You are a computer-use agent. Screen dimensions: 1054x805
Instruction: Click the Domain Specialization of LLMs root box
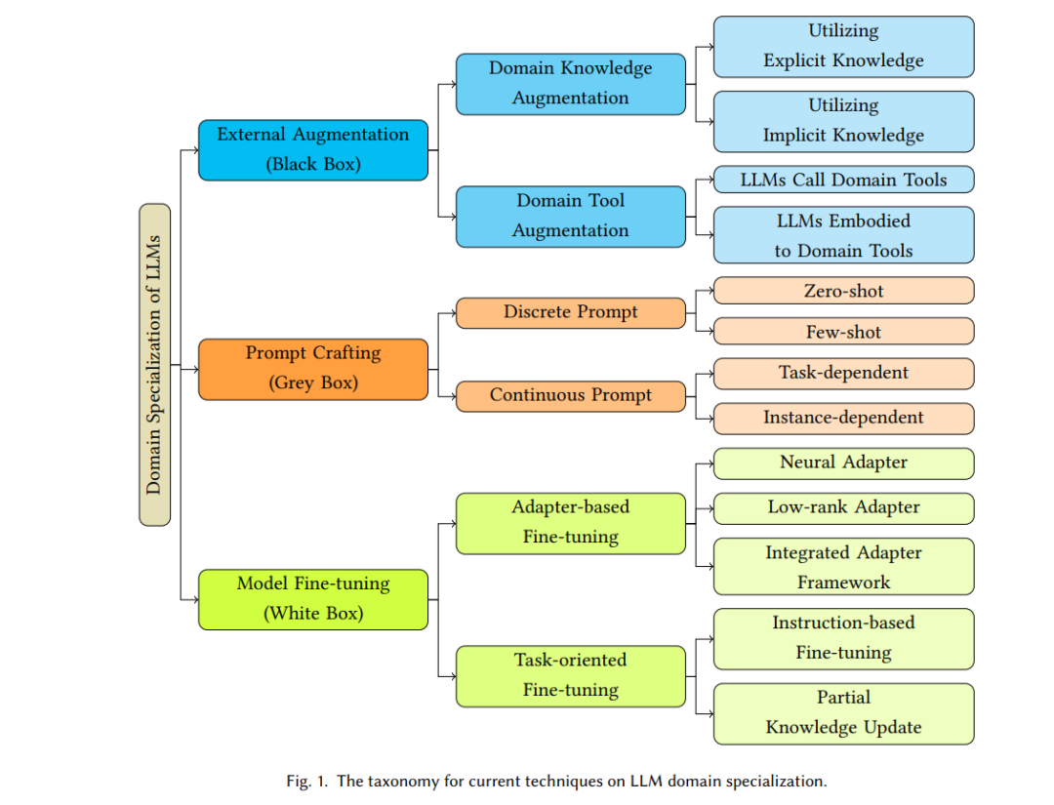[x=154, y=365]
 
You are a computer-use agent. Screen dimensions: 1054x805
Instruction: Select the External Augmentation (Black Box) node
[x=313, y=150]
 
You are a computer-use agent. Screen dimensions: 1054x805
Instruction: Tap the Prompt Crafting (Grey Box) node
[x=313, y=370]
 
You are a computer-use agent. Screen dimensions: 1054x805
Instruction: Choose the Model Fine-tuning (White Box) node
[x=313, y=599]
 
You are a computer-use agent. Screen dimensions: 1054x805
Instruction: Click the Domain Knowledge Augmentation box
[x=571, y=84]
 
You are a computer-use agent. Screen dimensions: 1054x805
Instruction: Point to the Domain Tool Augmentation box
[x=571, y=217]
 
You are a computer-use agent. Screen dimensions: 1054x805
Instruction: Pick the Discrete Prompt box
[x=571, y=313]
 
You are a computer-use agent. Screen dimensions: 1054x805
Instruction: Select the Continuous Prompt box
[x=571, y=396]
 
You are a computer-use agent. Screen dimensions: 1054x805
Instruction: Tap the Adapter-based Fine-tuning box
[x=571, y=523]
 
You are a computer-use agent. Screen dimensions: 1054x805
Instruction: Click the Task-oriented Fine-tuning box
[x=571, y=676]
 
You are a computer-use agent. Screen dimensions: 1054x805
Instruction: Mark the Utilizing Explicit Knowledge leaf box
[x=843, y=47]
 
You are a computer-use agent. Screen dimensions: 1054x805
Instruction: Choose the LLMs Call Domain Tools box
[x=843, y=180]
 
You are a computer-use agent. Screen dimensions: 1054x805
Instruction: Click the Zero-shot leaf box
[x=843, y=290]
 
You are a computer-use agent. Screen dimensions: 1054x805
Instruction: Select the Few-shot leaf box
[x=843, y=332]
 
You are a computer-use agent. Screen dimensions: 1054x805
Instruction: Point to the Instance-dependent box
[x=843, y=419]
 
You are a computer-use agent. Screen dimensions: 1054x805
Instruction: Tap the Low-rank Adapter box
[x=843, y=508]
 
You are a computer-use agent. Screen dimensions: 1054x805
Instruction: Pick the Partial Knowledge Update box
[x=843, y=713]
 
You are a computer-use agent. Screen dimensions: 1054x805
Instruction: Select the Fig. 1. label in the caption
[x=306, y=781]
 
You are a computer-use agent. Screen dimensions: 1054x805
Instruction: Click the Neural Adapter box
[x=843, y=463]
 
